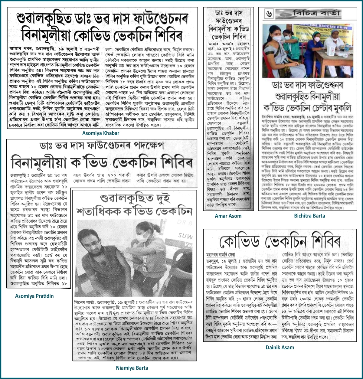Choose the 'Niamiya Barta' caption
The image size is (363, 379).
click(132, 368)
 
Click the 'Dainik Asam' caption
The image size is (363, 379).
click(280, 347)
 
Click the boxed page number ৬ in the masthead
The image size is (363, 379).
click(269, 14)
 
